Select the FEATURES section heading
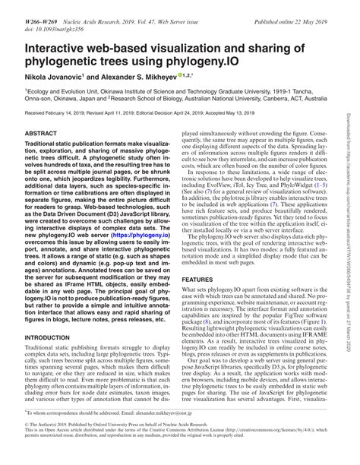[x=199, y=258]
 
